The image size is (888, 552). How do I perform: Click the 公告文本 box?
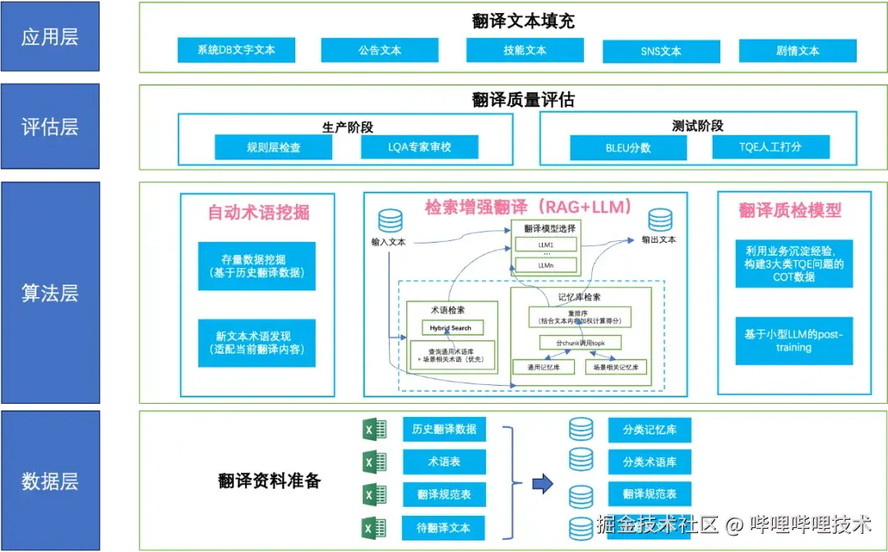380,50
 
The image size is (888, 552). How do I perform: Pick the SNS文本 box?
661,51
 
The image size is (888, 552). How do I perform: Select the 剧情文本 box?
798,50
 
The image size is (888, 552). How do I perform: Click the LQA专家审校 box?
420,147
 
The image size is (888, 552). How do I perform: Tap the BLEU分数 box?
629,148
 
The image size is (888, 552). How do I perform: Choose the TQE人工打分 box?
770,147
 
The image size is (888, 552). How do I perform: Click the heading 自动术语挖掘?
258,212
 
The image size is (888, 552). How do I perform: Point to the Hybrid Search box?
451,327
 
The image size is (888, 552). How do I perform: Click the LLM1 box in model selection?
546,245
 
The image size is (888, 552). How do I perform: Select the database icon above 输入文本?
390,221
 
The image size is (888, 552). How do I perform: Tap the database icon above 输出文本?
660,220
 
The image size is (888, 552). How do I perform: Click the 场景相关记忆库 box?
617,367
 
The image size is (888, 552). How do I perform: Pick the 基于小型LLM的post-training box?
793,341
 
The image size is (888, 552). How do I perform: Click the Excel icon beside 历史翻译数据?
374,430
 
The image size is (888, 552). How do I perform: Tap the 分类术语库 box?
650,462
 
